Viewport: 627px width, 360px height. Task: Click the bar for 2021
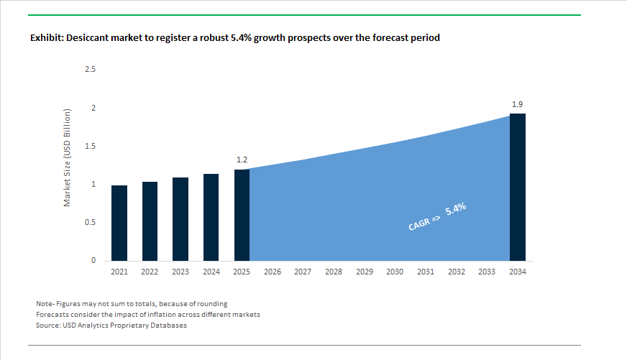pos(119,223)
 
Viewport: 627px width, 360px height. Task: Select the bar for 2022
pos(150,221)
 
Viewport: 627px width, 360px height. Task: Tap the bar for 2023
pos(180,219)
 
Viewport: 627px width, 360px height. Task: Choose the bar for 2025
pos(242,215)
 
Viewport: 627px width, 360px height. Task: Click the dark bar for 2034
pos(517,187)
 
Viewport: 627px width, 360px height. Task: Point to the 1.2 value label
pos(242,160)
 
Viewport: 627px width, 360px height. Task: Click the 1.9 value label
pos(517,104)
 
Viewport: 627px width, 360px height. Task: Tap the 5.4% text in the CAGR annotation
pos(456,211)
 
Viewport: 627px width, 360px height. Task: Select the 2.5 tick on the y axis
pos(91,70)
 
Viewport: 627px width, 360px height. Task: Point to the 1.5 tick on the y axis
pos(91,147)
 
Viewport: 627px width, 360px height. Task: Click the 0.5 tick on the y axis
pos(91,223)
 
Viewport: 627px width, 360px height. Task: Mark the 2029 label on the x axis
pos(364,272)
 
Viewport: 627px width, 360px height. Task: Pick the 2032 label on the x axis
pos(456,272)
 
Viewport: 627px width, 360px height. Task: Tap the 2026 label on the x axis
pos(273,272)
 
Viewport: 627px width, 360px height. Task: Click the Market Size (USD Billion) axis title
pos(67,158)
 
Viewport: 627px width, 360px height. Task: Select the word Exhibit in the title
pos(47,38)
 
